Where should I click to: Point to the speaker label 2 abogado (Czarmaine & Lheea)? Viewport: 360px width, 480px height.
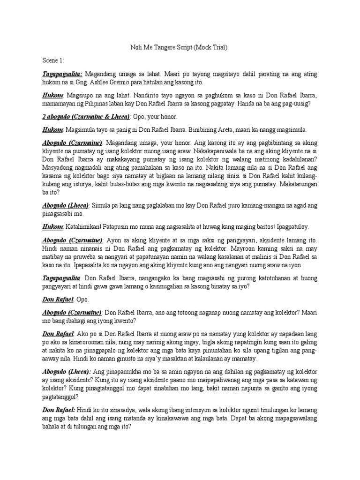(86, 116)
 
